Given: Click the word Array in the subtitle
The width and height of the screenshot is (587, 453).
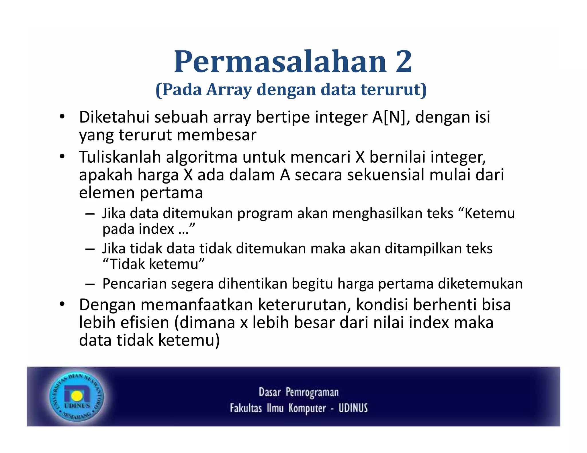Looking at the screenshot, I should pos(229,90).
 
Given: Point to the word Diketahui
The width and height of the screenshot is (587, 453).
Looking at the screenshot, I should pos(114,117).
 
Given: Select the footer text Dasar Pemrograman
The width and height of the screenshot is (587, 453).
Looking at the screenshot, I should pos(299,392).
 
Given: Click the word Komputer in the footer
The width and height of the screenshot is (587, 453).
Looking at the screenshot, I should pos(307,408).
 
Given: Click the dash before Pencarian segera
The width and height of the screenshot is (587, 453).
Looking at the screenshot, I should pos(90,284).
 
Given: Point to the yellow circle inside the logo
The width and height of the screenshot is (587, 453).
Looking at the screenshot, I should pos(77,396).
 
